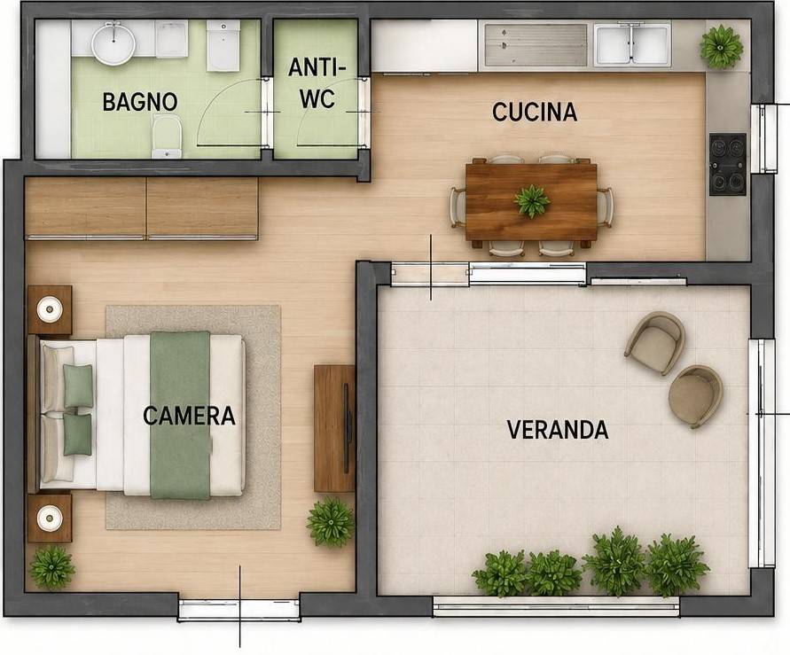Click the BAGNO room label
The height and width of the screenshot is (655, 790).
[140, 102]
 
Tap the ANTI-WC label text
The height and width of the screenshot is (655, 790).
[317, 82]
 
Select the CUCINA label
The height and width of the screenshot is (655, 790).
[535, 112]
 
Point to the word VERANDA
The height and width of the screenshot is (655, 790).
[558, 430]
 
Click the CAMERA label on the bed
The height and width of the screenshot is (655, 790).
[189, 416]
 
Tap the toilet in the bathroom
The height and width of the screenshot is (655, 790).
[167, 136]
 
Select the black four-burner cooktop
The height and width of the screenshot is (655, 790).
[728, 164]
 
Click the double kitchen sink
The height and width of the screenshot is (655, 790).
[632, 45]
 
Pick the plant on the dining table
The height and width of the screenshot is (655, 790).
[531, 201]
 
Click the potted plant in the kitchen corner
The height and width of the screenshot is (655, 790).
[722, 47]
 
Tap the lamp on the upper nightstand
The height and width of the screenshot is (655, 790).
[50, 309]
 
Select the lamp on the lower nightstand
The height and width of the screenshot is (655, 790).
[50, 518]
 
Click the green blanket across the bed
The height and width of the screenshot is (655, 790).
[180, 415]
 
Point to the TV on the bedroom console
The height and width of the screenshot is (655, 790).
[346, 428]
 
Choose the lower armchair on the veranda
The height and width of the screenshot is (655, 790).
[696, 396]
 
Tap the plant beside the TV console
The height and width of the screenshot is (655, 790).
[331, 523]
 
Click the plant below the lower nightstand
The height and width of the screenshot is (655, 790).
[52, 567]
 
